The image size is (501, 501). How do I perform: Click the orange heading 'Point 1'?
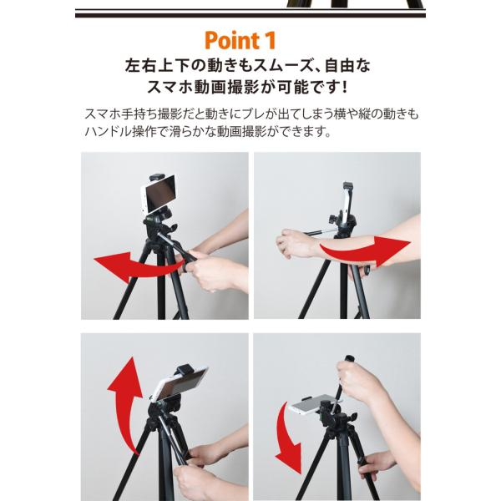coord(240,41)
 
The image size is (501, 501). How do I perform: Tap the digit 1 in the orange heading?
coord(270,40)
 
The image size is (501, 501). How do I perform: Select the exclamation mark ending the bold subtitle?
coord(344,86)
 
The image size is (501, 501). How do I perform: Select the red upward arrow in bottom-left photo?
coord(125,402)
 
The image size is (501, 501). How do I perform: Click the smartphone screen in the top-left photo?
coord(160,194)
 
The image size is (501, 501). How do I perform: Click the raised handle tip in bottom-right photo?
coord(349,359)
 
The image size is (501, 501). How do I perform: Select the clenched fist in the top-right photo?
coord(291,243)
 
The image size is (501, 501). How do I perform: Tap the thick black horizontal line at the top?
coord(250,15)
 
